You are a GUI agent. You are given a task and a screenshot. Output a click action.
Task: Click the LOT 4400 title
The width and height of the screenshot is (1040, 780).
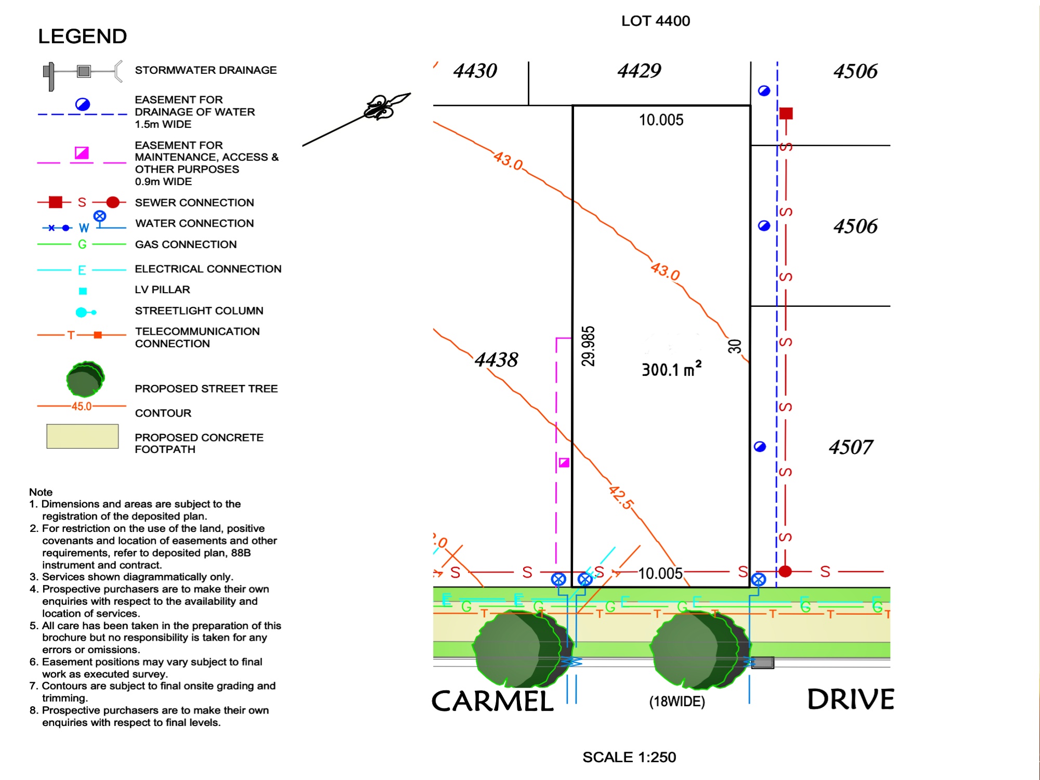(655, 21)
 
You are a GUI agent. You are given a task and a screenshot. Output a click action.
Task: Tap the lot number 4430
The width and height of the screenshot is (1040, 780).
(475, 71)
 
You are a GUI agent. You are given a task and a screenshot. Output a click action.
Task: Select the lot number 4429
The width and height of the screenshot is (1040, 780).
(639, 71)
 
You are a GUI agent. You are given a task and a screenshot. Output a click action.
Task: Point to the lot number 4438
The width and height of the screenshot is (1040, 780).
(496, 359)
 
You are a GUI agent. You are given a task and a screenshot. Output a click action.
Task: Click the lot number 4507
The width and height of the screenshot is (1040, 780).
(851, 447)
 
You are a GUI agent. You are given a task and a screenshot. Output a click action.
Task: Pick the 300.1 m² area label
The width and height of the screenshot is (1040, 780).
(671, 369)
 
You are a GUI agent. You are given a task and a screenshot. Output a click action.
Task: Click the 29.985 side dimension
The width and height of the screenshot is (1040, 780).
(588, 346)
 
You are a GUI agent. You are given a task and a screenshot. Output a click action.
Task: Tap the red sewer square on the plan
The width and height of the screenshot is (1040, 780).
(786, 113)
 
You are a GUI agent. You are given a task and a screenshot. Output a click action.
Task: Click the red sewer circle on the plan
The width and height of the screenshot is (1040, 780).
(785, 571)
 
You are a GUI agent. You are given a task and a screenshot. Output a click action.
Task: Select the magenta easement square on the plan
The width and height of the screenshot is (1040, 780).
(564, 462)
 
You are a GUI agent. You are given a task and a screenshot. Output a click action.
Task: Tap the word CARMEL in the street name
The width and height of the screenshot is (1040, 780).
(492, 701)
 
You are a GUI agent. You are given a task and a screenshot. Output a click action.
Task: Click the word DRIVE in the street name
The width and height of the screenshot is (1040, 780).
(850, 699)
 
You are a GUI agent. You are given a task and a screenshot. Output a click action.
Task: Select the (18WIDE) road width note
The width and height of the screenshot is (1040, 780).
(677, 701)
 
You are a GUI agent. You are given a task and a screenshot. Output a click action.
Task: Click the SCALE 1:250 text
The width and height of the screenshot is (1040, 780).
(629, 757)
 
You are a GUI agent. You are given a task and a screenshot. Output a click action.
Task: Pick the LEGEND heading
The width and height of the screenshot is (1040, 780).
(82, 36)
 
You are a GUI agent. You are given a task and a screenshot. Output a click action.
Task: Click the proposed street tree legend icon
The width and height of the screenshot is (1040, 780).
(85, 380)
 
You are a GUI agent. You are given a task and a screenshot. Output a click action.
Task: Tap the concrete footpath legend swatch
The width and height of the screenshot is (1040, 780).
(82, 436)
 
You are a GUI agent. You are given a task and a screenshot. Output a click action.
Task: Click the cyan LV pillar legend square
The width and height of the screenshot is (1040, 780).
(83, 291)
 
